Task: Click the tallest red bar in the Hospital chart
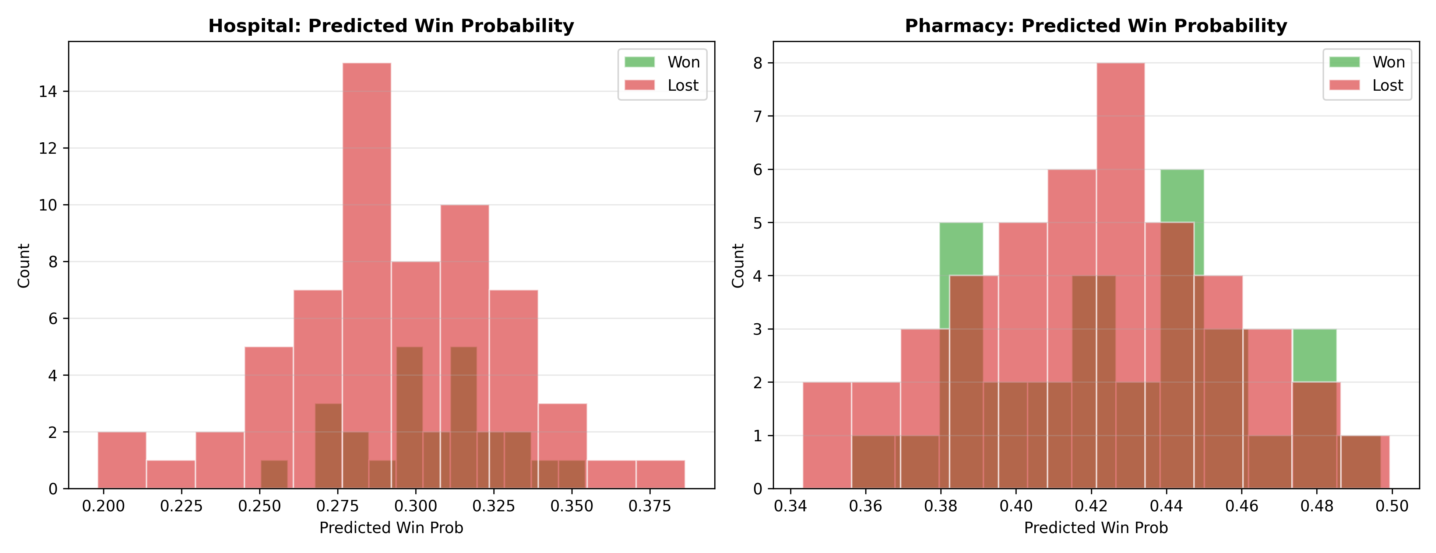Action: (367, 276)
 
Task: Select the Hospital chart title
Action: (391, 26)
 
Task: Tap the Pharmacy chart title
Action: (1096, 26)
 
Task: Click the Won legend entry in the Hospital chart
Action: (662, 62)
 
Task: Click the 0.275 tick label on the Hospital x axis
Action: (337, 506)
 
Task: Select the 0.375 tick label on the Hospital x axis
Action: (650, 506)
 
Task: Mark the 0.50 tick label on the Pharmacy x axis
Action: (1392, 506)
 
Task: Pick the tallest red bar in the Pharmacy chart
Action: (1120, 276)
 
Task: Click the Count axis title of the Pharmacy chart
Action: (738, 265)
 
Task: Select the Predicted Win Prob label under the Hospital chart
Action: (391, 528)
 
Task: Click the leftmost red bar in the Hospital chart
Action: (122, 460)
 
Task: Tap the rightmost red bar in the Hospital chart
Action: (661, 474)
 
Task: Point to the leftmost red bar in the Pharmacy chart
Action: (827, 435)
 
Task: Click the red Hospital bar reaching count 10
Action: (465, 347)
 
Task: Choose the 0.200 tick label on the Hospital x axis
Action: (104, 506)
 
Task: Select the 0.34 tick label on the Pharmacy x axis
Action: (790, 506)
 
